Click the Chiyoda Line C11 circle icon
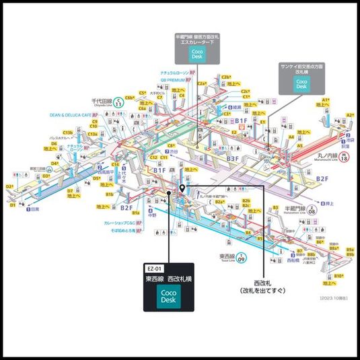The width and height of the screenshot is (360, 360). click(x=118, y=103)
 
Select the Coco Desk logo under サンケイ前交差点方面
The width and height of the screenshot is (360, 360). click(x=301, y=83)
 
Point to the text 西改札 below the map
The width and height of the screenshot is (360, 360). click(x=264, y=283)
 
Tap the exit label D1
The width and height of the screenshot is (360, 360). click(x=12, y=205)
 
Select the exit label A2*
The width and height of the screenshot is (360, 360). click(x=350, y=114)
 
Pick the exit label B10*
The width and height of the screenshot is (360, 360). click(x=339, y=276)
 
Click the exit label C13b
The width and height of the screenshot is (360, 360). click(x=68, y=133)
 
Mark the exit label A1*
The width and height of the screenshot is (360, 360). click(x=326, y=100)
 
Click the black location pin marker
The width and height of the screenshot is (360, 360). click(x=182, y=188)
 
